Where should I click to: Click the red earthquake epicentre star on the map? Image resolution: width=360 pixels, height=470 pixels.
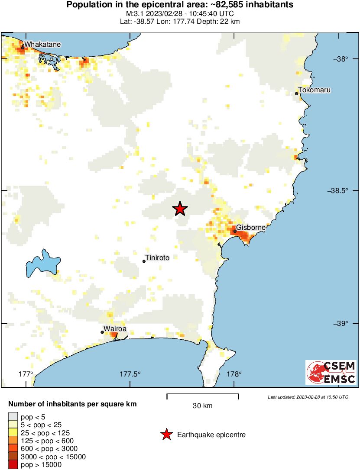180,209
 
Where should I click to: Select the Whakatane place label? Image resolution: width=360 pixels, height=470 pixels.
42,44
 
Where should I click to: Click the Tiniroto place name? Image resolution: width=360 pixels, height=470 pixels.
157,258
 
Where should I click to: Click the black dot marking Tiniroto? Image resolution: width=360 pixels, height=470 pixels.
144,261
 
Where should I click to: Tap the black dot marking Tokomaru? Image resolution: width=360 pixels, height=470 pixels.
297,93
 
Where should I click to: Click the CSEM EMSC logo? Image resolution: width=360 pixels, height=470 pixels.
331,373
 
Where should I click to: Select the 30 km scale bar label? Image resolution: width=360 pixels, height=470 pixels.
202,406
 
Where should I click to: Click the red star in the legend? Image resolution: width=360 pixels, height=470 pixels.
166,435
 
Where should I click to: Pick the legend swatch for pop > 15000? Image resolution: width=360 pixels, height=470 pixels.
13,464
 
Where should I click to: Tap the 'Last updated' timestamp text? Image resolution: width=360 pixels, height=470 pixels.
308,397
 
